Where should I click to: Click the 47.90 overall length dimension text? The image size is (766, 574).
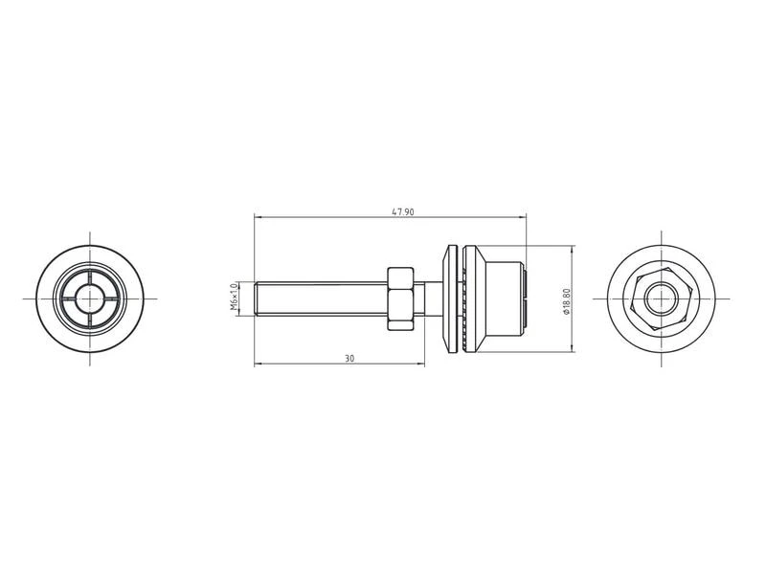[403, 211]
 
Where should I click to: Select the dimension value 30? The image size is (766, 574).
[349, 358]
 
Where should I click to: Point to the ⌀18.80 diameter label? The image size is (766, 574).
[567, 301]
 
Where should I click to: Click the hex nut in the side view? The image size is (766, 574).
[400, 298]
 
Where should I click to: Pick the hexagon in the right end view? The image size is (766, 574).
[662, 298]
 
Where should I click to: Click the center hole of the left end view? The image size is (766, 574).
[90, 298]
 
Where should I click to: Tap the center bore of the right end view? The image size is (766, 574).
[662, 298]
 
